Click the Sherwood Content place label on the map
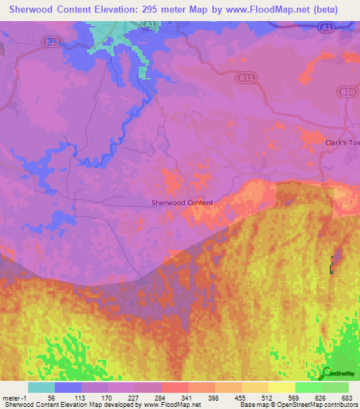pos(182,202)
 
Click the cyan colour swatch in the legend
pos(41,387)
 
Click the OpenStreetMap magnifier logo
pos(328,372)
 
